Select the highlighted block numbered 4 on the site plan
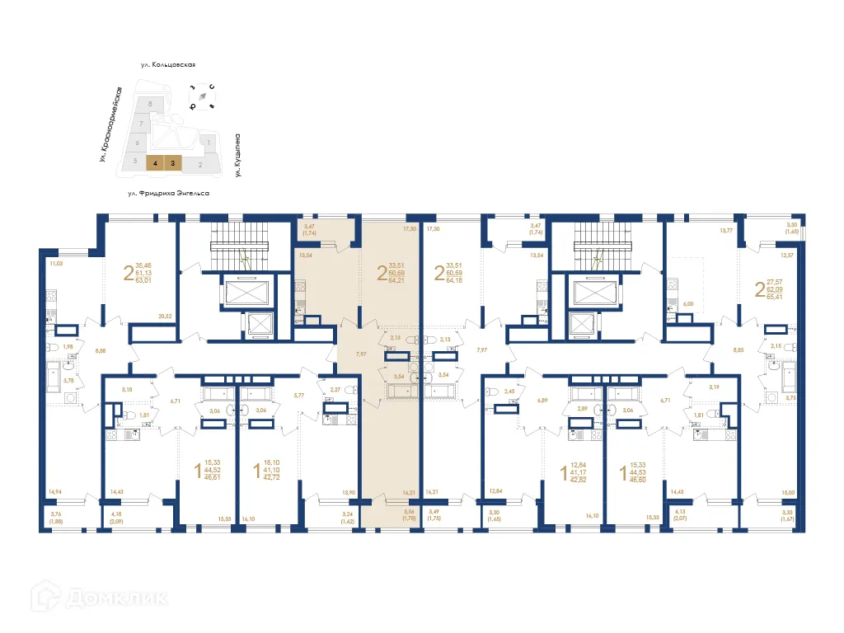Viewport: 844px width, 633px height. pyautogui.click(x=154, y=163)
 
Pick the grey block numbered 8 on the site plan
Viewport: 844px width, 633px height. pyautogui.click(x=149, y=104)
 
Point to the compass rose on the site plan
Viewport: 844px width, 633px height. pyautogui.click(x=202, y=96)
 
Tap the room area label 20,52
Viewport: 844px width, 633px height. pyautogui.click(x=164, y=316)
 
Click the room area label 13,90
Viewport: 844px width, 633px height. pyautogui.click(x=349, y=492)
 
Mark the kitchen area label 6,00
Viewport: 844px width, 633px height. pyautogui.click(x=686, y=304)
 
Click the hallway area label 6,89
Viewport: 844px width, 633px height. pyautogui.click(x=542, y=400)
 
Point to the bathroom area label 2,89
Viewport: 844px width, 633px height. pyautogui.click(x=582, y=409)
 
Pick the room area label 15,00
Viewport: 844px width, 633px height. pyautogui.click(x=788, y=492)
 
